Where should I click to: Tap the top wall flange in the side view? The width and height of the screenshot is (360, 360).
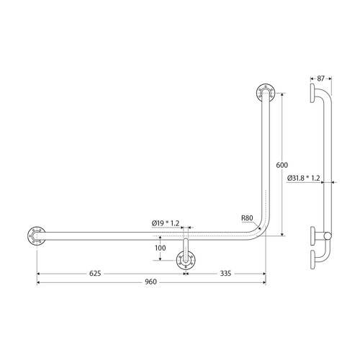(x=313, y=94)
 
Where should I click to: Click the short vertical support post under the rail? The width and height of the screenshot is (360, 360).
(x=185, y=248)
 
